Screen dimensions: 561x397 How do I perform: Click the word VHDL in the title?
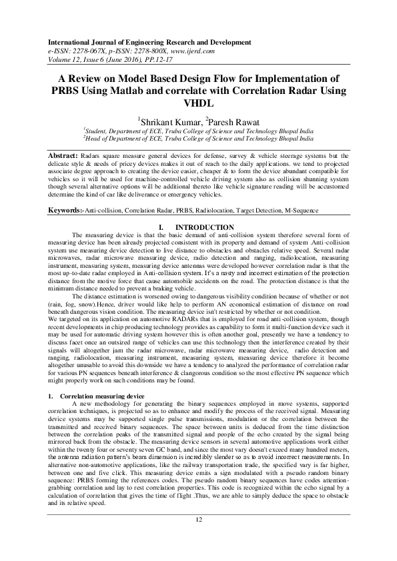198,103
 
